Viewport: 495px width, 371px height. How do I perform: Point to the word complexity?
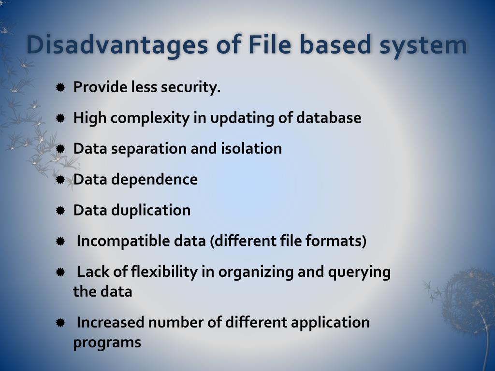coord(154,118)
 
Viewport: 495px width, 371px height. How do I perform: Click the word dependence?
coord(154,179)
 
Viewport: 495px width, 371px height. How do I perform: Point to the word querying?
coord(359,272)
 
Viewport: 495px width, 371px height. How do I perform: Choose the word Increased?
coord(111,322)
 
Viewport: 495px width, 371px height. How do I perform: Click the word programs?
coord(107,342)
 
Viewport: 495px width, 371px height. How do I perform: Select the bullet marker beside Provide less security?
coord(60,87)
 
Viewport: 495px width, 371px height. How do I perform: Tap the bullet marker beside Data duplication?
coord(60,211)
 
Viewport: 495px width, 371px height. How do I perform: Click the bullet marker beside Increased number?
coord(60,322)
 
